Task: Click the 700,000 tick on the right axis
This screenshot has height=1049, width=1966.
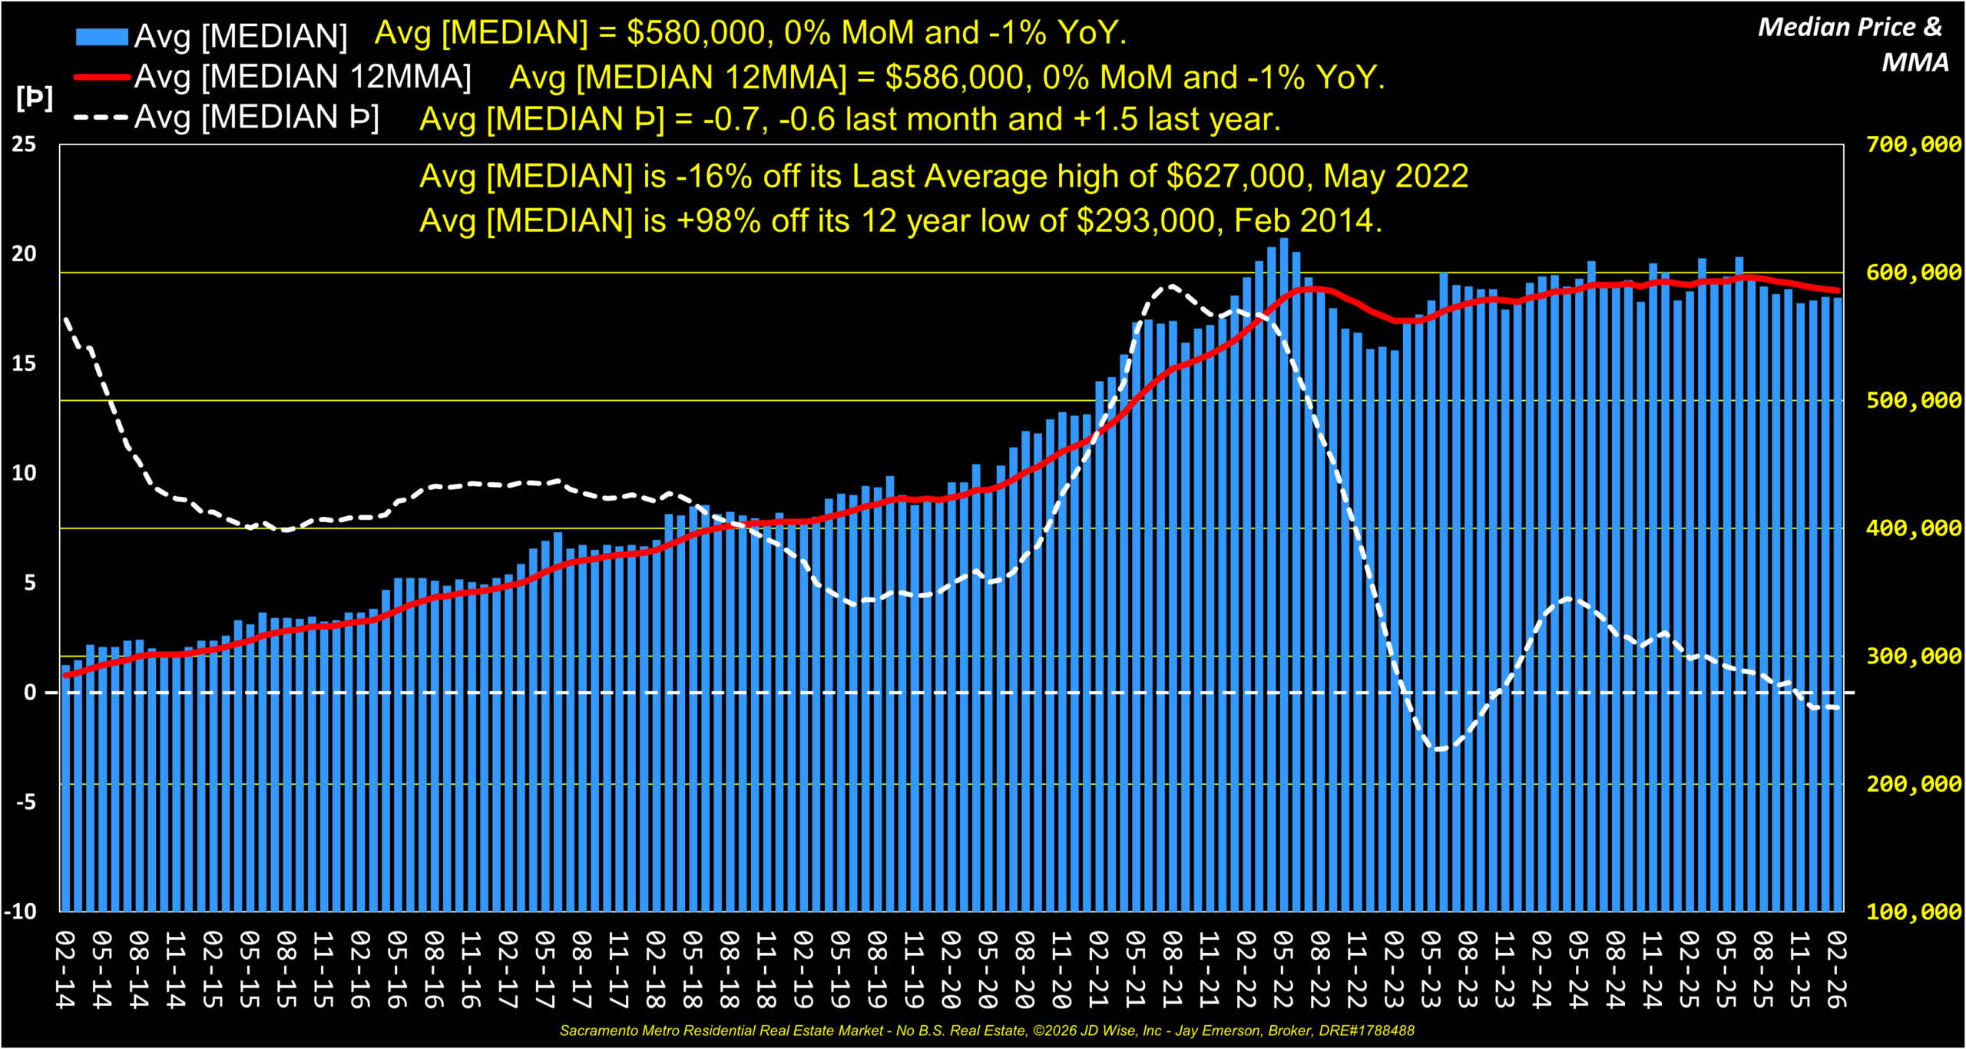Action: click(1913, 144)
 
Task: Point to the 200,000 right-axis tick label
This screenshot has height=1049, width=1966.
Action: click(1913, 784)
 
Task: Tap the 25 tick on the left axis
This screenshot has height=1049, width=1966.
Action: click(24, 144)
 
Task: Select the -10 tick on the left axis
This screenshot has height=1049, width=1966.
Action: click(20, 912)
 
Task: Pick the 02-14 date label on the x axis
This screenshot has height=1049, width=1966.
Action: click(66, 969)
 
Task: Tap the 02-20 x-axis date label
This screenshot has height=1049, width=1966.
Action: click(952, 969)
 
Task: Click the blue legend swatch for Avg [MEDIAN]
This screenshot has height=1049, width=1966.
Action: click(101, 36)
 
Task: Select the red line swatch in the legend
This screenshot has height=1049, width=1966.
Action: click(101, 77)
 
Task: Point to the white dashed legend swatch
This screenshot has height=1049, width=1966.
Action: click(101, 117)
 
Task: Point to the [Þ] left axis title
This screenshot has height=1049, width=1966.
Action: click(35, 98)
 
